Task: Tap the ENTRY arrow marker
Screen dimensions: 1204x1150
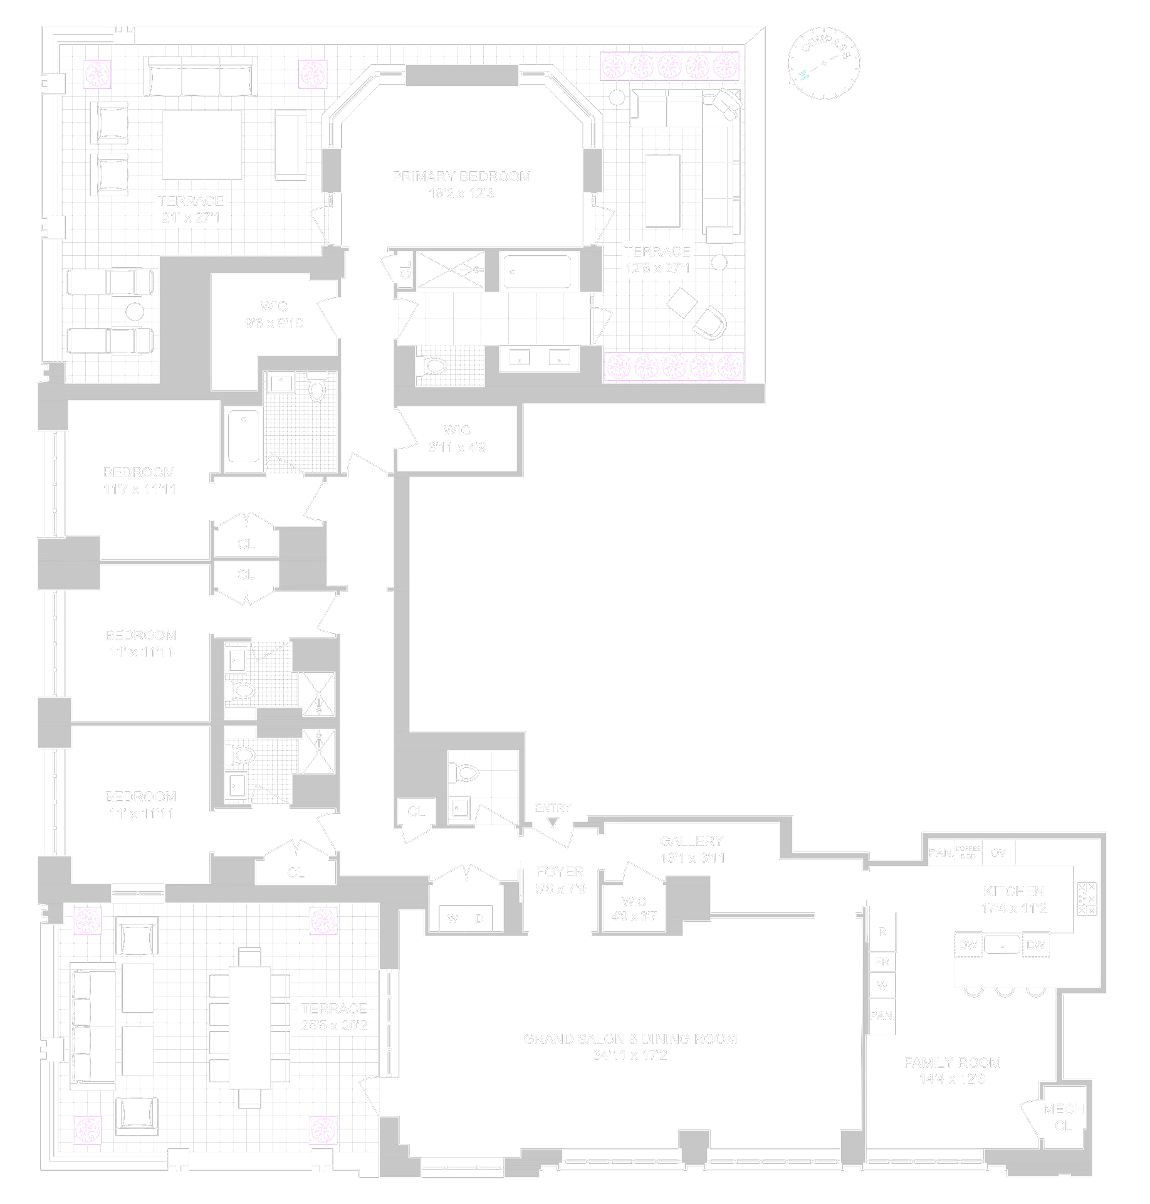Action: pos(552,822)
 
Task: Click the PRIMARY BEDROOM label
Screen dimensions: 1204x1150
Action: pos(461,177)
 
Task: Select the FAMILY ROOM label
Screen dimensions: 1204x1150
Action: pos(952,1062)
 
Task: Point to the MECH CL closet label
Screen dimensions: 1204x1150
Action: pos(1063,1117)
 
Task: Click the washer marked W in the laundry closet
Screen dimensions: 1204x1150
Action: pos(452,919)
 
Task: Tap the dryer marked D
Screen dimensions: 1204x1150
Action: pos(479,919)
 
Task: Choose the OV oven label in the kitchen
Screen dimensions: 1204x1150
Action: pos(998,852)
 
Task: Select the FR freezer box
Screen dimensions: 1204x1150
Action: pos(882,961)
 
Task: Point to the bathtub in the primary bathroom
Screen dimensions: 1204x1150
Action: pos(537,272)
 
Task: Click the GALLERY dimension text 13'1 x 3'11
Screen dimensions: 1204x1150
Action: pos(692,858)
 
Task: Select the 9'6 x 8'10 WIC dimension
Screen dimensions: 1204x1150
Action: pos(274,324)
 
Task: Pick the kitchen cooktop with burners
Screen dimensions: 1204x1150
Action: pos(1086,899)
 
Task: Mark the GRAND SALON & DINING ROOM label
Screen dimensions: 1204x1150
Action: pos(630,1039)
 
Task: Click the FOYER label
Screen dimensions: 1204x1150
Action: pos(560,872)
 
